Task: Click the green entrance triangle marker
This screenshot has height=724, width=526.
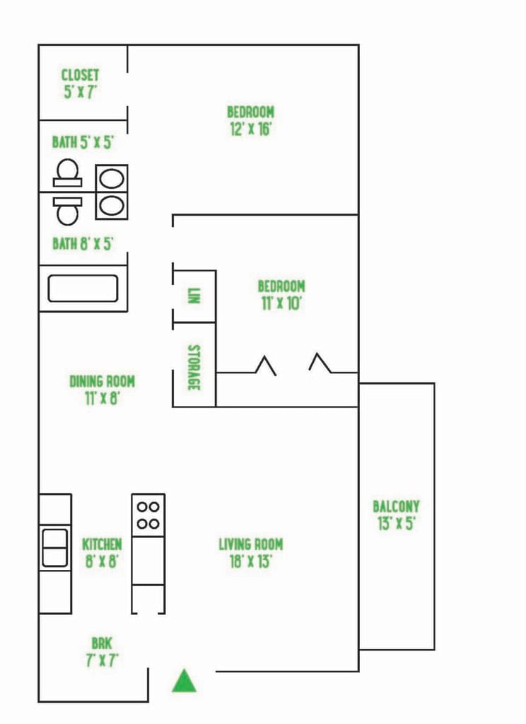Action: (185, 682)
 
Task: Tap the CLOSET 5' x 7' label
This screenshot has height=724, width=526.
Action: (81, 83)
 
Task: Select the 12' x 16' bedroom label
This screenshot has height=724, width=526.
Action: (250, 120)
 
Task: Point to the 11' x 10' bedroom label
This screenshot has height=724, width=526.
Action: (281, 295)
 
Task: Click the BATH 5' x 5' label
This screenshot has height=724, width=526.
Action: (83, 141)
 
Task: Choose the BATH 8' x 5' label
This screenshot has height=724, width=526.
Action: (83, 243)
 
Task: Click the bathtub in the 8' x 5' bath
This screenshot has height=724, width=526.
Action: (83, 288)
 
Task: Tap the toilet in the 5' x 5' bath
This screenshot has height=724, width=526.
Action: (67, 173)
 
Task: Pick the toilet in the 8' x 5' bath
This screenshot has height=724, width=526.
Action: (67, 211)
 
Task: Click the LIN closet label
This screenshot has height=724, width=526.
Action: (194, 296)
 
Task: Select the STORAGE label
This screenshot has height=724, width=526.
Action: (194, 368)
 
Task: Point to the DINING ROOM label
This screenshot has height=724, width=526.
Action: (102, 390)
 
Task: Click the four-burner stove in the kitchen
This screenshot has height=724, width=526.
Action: (148, 515)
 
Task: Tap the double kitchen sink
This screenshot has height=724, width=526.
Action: (55, 548)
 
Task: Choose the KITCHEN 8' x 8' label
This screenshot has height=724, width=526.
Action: (102, 553)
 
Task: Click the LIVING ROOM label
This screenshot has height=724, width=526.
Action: (251, 553)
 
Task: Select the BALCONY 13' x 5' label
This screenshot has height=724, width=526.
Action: (396, 515)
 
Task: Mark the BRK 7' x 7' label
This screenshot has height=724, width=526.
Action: (102, 651)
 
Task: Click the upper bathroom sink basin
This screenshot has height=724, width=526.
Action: (112, 179)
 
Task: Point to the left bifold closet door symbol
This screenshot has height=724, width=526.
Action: (266, 366)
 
